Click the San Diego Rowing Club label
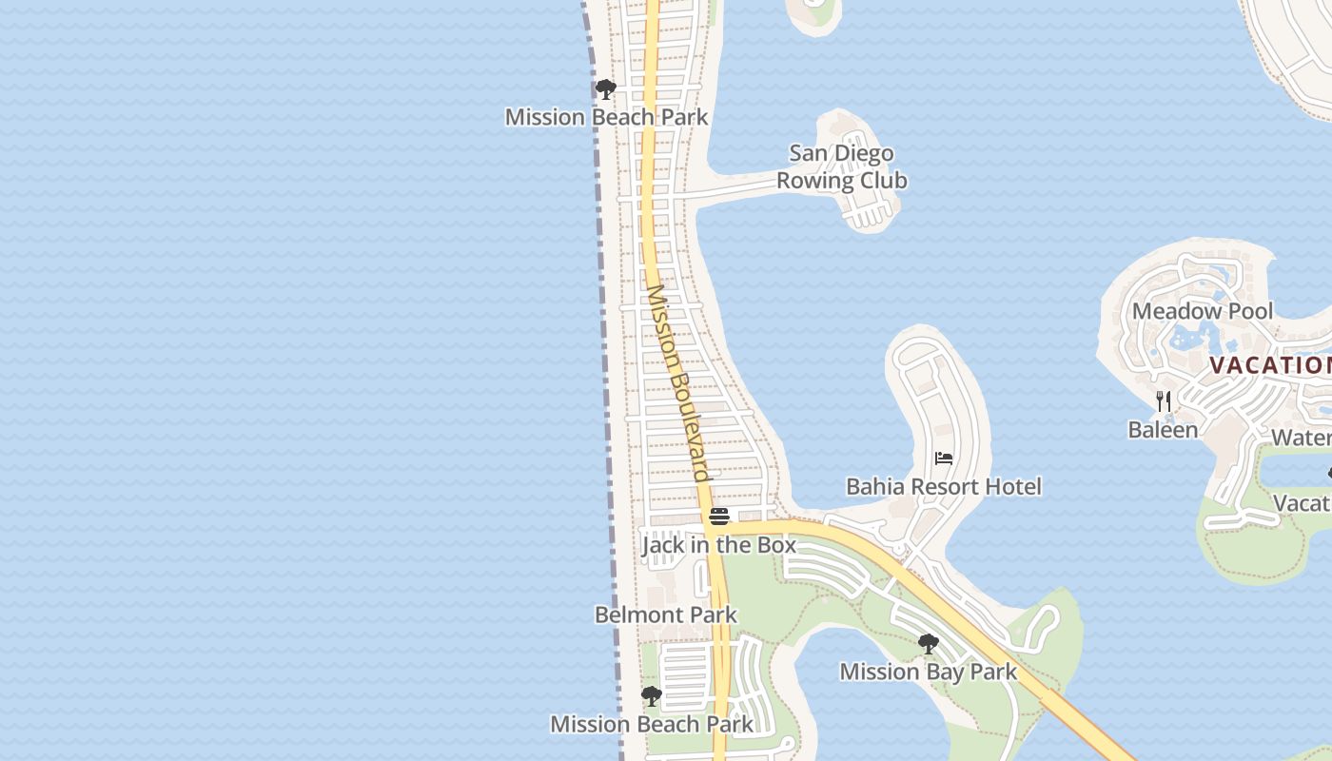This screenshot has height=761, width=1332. (842, 167)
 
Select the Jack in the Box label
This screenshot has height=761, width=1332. (718, 545)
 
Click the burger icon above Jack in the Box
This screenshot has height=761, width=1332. (719, 517)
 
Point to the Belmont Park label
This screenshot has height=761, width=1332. (666, 615)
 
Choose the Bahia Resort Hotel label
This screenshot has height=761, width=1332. (944, 487)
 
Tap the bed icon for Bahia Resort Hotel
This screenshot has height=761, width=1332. (944, 459)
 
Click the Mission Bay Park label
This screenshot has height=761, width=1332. (928, 672)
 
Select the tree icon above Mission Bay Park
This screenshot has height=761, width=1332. (928, 644)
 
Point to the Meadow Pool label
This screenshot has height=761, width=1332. (1202, 311)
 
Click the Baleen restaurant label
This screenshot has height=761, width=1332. (1163, 430)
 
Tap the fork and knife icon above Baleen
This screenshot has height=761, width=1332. (1163, 401)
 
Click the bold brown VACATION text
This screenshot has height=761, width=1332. (1270, 365)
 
